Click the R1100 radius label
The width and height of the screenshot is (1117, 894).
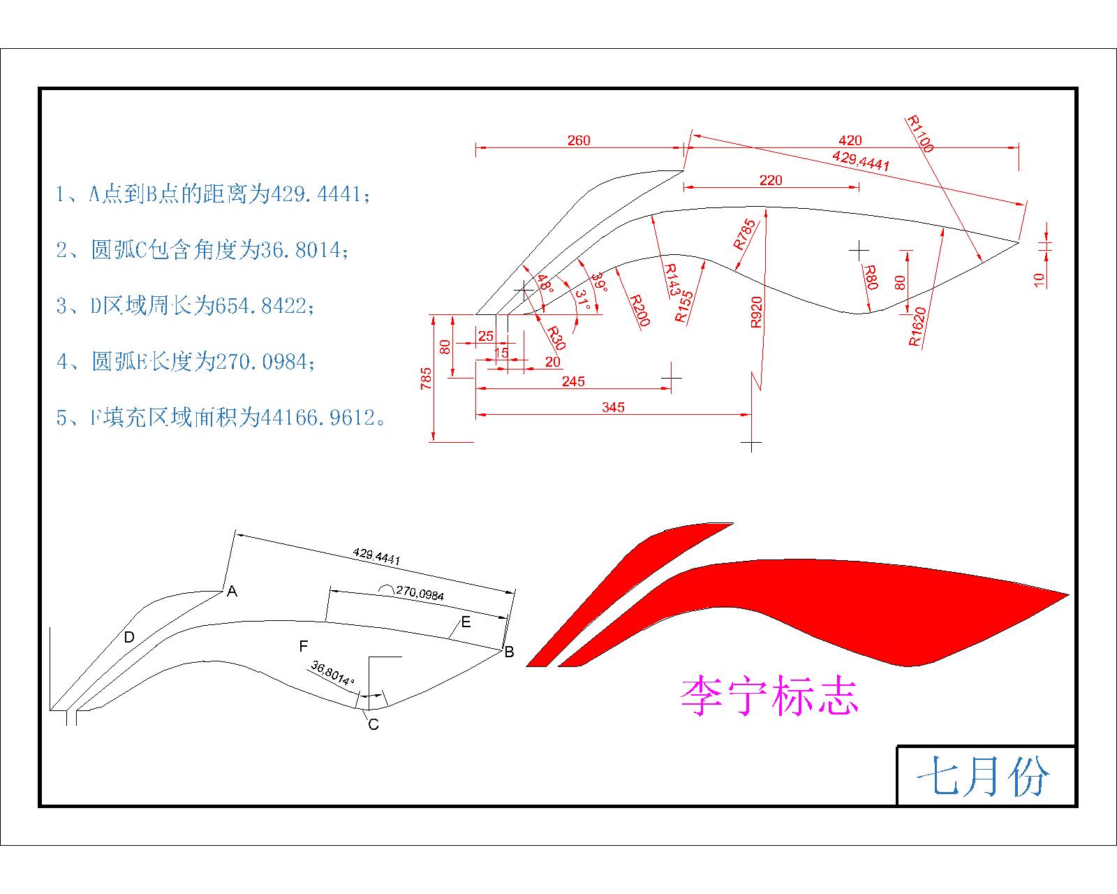pos(919,133)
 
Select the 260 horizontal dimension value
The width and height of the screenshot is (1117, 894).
pos(579,140)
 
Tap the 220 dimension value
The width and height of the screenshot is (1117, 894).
pos(771,180)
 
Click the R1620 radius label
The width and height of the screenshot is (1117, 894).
pos(917,326)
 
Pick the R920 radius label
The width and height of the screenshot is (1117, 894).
pos(756,312)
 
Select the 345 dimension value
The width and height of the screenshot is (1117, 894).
pos(613,407)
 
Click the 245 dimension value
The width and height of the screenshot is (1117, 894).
pos(573,381)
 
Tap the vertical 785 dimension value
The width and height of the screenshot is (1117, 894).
pos(426,379)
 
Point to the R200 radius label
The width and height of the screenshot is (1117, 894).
pos(639,310)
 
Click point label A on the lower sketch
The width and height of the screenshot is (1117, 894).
pos(232,591)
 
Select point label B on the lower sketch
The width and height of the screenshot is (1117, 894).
pos(509,652)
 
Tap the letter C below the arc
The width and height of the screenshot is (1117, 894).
pos(373,724)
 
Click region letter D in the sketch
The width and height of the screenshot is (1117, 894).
pos(129,637)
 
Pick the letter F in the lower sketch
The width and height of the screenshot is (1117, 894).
pos(304,646)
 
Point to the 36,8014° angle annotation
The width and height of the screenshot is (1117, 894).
pos(333,673)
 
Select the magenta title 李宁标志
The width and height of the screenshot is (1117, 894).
pos(769,696)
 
